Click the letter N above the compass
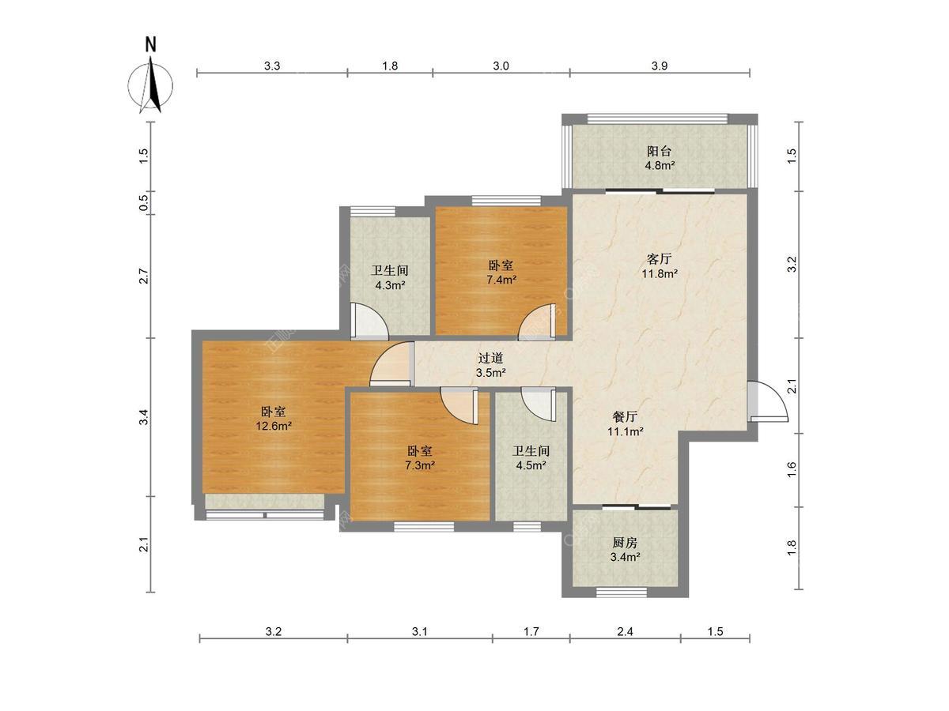[150, 45]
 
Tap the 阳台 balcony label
[659, 151]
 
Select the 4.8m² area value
[660, 165]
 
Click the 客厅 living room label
[659, 258]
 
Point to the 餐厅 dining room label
[625, 416]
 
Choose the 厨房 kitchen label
[625, 542]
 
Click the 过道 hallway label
[491, 358]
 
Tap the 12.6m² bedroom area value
[274, 427]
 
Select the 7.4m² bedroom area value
[501, 280]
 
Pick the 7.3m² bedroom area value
[419, 465]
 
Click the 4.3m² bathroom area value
[390, 285]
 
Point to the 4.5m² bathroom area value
[531, 465]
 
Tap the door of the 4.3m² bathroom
[369, 320]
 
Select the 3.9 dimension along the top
[660, 66]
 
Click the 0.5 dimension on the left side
[144, 202]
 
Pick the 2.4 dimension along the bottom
[625, 631]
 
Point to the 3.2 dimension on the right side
[791, 264]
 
